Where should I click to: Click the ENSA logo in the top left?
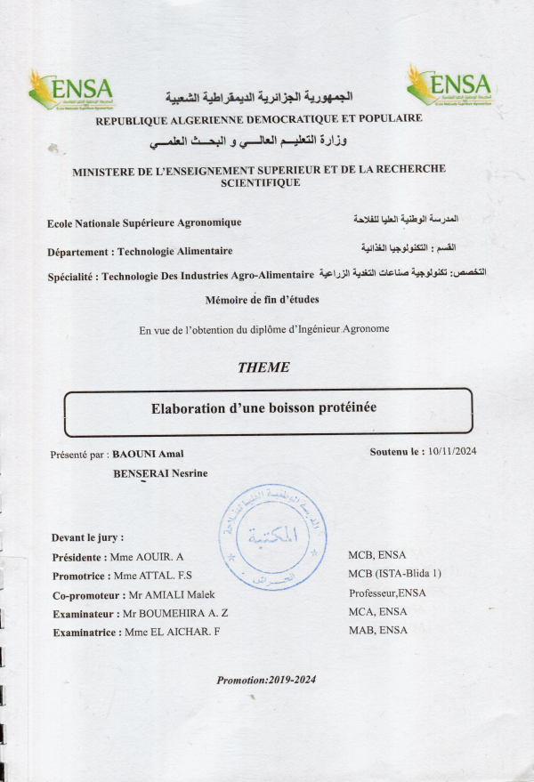[x=71, y=88]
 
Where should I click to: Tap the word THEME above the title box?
[x=263, y=367]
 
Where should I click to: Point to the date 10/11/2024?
[x=452, y=452]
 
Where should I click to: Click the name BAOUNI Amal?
[x=147, y=454]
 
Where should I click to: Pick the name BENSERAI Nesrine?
[x=160, y=473]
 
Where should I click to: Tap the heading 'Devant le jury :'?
[x=87, y=537]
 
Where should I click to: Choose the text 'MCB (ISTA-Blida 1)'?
[x=394, y=574]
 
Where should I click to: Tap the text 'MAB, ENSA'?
[x=377, y=630]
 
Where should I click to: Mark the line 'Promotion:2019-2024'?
[x=266, y=681]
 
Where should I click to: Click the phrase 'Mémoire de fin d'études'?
[x=262, y=300]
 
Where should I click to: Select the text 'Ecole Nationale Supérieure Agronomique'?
[x=144, y=222]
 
